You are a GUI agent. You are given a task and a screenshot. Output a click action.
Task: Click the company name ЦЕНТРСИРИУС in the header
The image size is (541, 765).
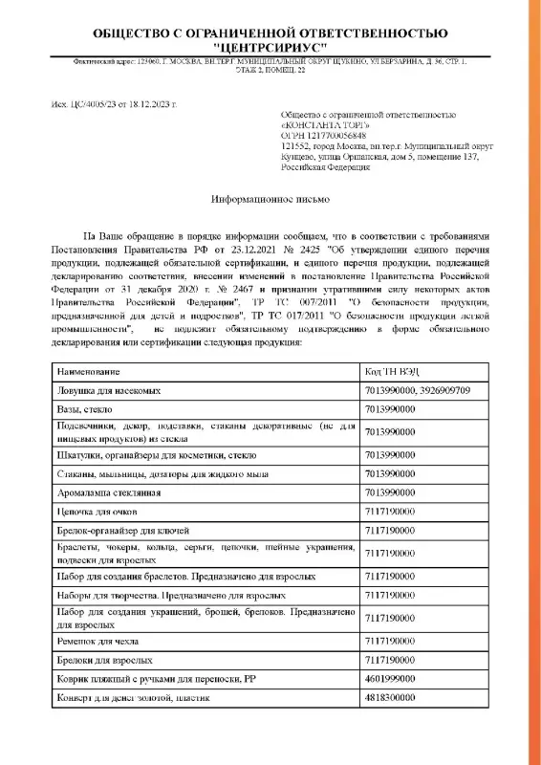pos(270,45)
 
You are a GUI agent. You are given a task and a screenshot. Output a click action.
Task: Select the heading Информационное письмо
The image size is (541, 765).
pos(270,202)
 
